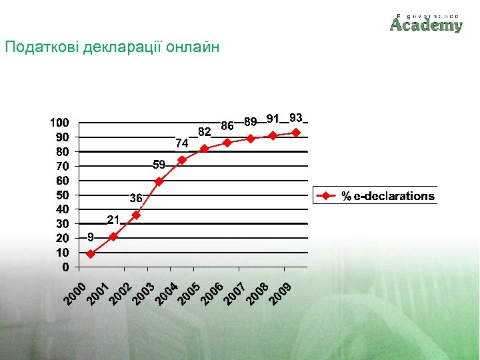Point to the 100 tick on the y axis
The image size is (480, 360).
pyautogui.click(x=59, y=123)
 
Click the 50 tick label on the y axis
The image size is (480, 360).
pyautogui.click(x=62, y=195)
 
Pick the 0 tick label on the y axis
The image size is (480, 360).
pyautogui.click(x=65, y=267)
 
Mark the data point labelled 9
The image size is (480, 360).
pyautogui.click(x=91, y=254)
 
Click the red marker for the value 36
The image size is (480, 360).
pyautogui.click(x=136, y=215)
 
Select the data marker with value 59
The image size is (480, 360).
pyautogui.click(x=159, y=181)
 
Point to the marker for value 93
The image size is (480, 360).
pyautogui.click(x=296, y=133)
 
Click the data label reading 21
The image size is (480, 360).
pyautogui.click(x=113, y=220)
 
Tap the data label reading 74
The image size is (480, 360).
pyautogui.click(x=182, y=143)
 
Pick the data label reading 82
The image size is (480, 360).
pyautogui.click(x=204, y=131)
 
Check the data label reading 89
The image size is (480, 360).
pyautogui.click(x=251, y=122)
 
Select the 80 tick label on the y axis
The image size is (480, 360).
pyautogui.click(x=62, y=152)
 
